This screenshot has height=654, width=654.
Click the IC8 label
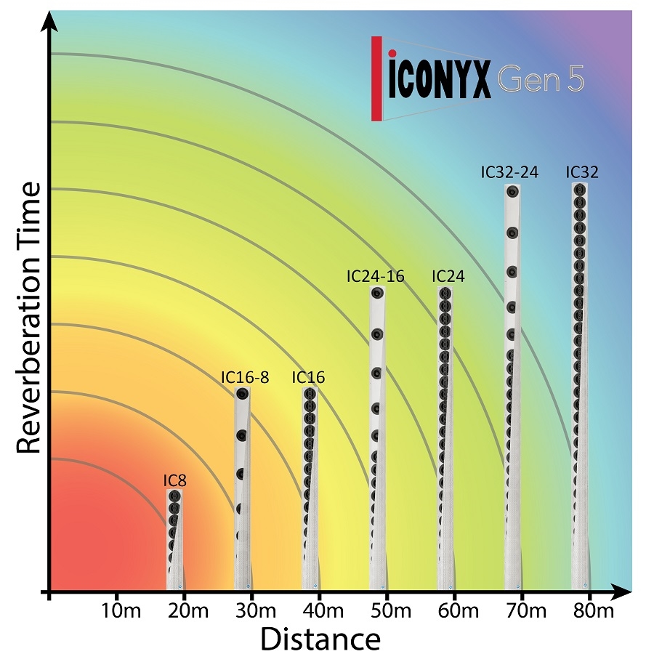[175, 480]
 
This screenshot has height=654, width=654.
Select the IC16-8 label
[245, 377]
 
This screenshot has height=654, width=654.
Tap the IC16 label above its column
[308, 377]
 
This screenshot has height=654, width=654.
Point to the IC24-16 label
[376, 276]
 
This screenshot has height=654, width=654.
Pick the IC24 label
[448, 276]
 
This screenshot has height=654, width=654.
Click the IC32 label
[583, 172]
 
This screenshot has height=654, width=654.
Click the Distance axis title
[320, 639]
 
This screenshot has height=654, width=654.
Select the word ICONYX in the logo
[440, 81]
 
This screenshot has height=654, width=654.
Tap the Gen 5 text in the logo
[541, 81]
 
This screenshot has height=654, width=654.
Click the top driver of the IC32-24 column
[513, 193]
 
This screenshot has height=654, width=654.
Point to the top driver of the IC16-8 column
[242, 395]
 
